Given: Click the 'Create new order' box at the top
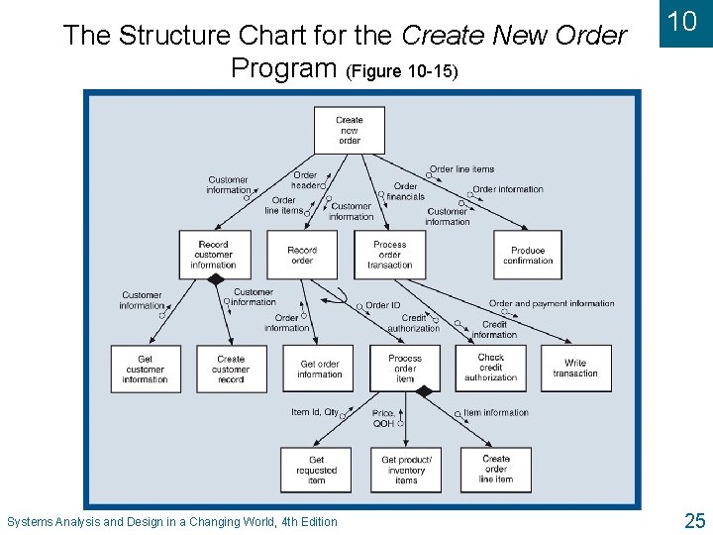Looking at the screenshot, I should tap(349, 131).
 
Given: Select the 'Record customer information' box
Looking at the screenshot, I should tap(214, 255).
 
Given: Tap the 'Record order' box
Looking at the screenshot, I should tap(302, 255).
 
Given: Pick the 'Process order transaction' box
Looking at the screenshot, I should tap(389, 255).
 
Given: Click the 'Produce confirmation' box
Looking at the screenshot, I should tap(528, 256).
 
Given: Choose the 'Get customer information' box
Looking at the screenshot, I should tap(146, 369).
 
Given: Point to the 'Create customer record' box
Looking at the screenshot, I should tap(231, 369).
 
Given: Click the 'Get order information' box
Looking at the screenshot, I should tap(319, 369).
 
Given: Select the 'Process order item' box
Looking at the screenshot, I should tap(405, 369).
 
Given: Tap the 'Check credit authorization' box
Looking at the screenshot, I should tap(491, 368).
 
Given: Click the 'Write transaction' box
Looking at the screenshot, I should tap(575, 369).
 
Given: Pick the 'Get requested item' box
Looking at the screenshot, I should tap(316, 470).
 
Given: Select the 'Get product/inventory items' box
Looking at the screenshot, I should tap(406, 470).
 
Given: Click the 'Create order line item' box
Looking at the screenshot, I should tap(496, 469).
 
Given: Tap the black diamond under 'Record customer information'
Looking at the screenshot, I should tap(215, 280).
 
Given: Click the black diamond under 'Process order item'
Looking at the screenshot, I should tap(424, 392).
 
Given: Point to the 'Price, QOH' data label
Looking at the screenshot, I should tap(383, 418).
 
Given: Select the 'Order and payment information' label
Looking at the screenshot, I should tap(552, 303).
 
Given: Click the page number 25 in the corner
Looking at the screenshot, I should tap(694, 520).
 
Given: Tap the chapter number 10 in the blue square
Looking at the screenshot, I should tap(683, 22).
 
